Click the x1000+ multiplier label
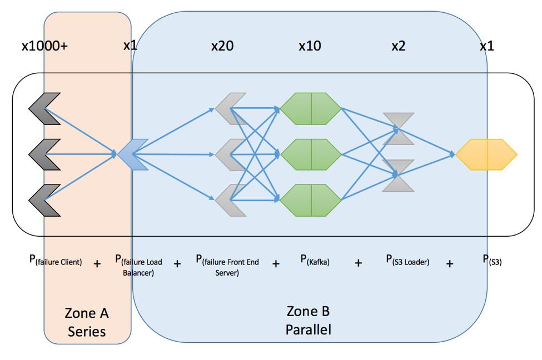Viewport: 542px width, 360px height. click(x=44, y=46)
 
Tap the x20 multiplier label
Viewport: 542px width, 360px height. click(x=222, y=46)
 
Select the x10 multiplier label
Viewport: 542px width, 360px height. click(x=310, y=46)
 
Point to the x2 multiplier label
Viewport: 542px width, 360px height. click(x=398, y=46)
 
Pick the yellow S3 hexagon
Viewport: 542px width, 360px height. click(x=487, y=154)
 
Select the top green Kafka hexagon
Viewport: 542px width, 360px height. click(x=311, y=109)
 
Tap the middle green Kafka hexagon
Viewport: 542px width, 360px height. click(x=311, y=154)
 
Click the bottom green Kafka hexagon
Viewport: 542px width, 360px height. click(x=311, y=200)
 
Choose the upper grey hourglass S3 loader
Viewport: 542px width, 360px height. click(x=398, y=129)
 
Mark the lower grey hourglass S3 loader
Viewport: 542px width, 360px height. click(x=398, y=176)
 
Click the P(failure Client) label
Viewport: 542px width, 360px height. click(x=56, y=261)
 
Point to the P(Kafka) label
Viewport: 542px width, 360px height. click(x=315, y=259)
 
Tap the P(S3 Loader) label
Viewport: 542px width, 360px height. click(x=407, y=260)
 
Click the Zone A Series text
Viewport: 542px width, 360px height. click(x=87, y=322)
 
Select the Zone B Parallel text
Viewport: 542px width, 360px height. click(x=309, y=320)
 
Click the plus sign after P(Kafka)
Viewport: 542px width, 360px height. click(x=359, y=263)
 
